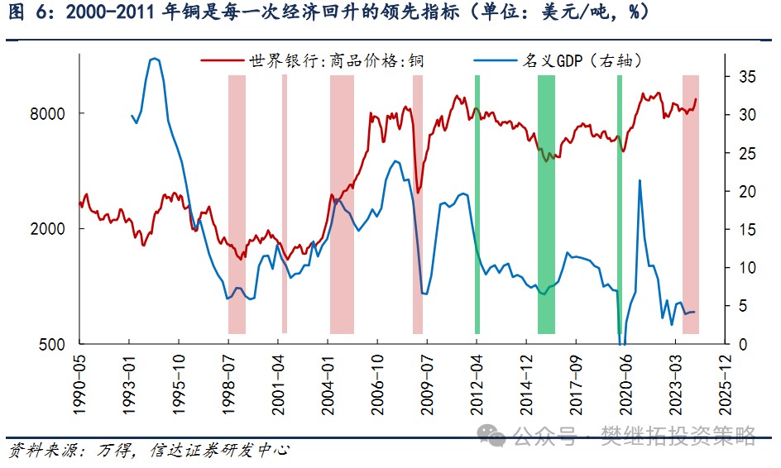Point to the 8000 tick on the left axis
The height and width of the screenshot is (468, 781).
click(x=55, y=114)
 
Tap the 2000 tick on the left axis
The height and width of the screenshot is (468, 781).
click(x=55, y=229)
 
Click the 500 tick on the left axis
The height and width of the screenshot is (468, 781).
click(x=58, y=344)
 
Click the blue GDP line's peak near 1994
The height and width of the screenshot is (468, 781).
click(x=155, y=59)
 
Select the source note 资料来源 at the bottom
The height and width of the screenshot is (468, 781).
click(x=46, y=451)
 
